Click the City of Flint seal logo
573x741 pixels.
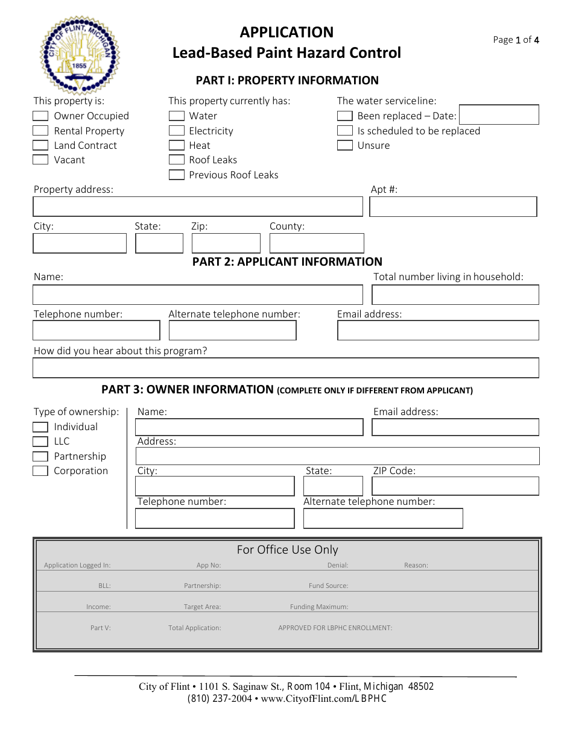pyautogui.click(x=80, y=54)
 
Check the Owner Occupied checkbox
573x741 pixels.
pyautogui.click(x=40, y=116)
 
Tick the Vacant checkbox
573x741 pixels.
pyautogui.click(x=40, y=160)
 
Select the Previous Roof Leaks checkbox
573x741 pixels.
pyautogui.click(x=177, y=175)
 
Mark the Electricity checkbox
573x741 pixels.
pyautogui.click(x=177, y=131)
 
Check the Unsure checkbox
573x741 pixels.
pyautogui.click(x=345, y=145)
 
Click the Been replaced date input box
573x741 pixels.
pyautogui.click(x=499, y=114)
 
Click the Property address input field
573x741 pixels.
pyautogui.click(x=198, y=207)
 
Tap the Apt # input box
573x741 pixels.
pyautogui.click(x=453, y=207)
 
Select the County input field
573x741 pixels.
pyautogui.click(x=317, y=243)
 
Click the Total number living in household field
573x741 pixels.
pyautogui.click(x=455, y=295)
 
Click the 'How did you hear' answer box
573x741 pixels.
pyautogui.click(x=286, y=368)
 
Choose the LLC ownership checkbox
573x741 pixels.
pyautogui.click(x=40, y=442)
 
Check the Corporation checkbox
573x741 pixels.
pyautogui.click(x=40, y=471)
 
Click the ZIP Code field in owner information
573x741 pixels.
pyautogui.click(x=455, y=486)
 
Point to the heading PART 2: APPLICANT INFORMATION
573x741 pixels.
pyautogui.click(x=287, y=261)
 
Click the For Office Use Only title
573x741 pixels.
pyautogui.click(x=287, y=549)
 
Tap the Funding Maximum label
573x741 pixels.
pyautogui.click(x=318, y=607)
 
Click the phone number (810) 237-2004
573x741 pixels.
pyautogui.click(x=220, y=699)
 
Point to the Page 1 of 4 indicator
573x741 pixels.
pyautogui.click(x=516, y=40)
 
